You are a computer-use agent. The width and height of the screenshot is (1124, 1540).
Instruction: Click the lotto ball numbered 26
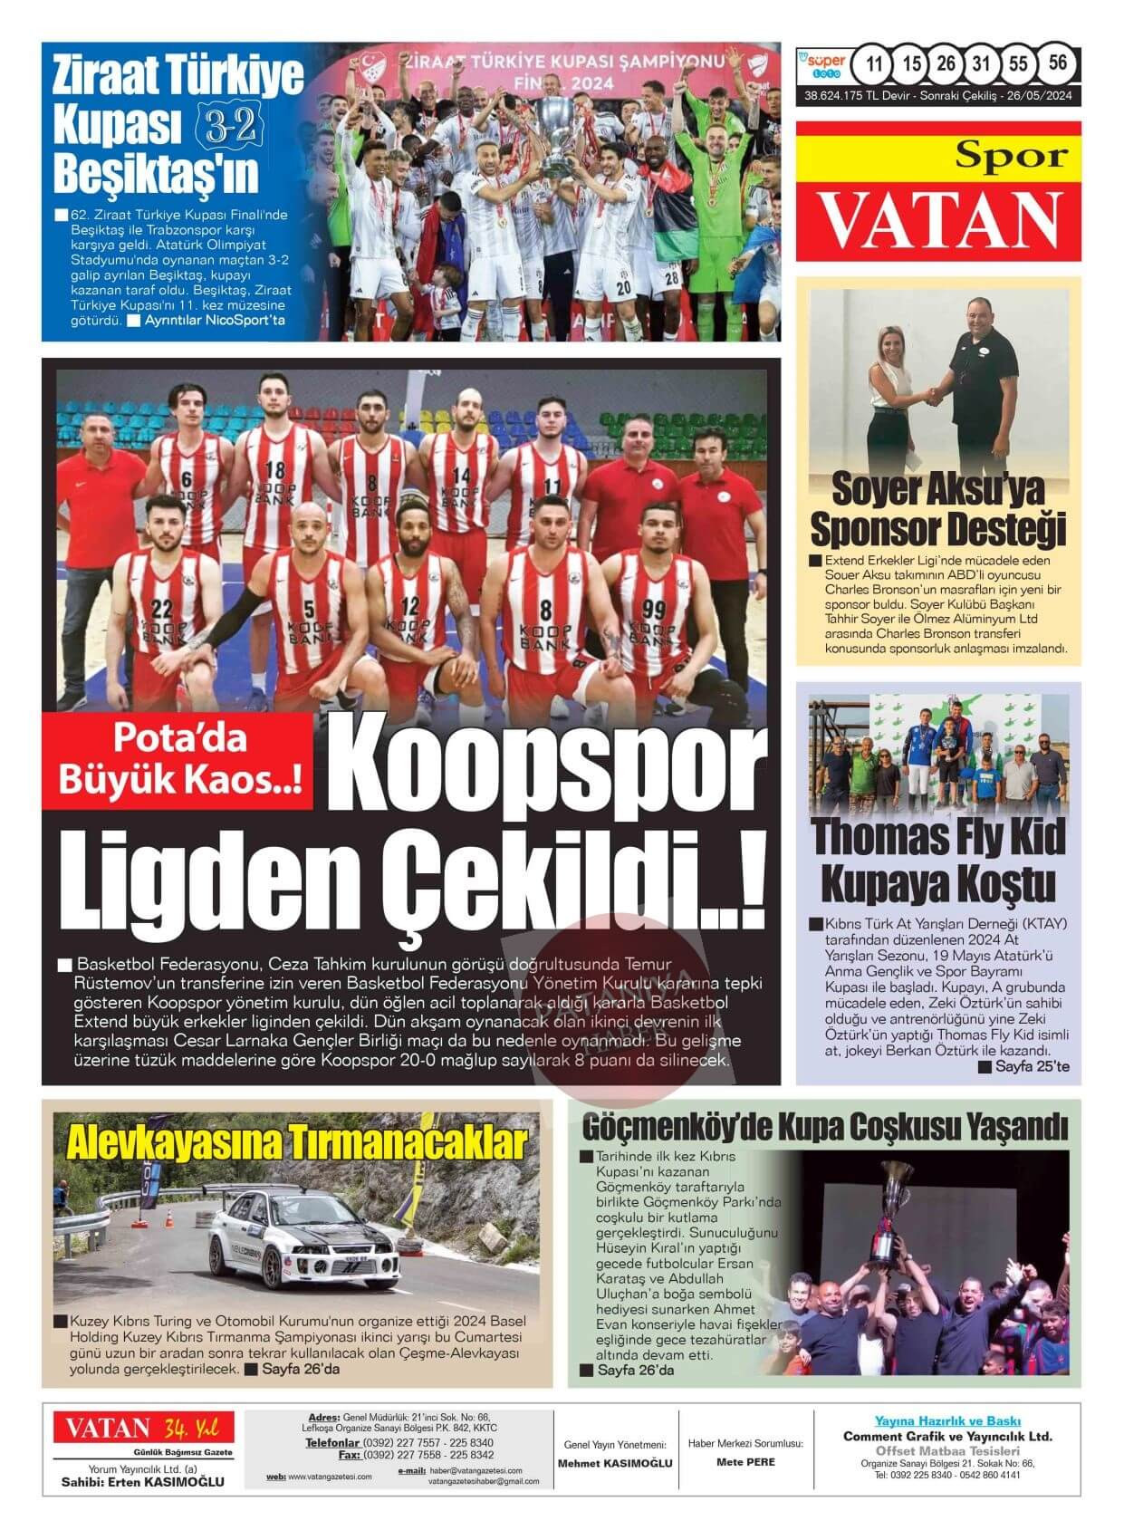tap(946, 64)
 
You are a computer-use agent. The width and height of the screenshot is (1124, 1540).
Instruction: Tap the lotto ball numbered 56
tap(1056, 63)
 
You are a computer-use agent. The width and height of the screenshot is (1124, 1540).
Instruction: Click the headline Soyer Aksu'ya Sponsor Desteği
tap(937, 509)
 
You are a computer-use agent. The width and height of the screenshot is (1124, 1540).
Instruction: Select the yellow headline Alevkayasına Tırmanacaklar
tap(296, 1143)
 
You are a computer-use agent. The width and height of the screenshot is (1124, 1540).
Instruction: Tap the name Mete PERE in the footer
tap(745, 1462)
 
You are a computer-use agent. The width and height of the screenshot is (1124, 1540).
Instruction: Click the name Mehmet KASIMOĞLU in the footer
tap(615, 1463)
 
